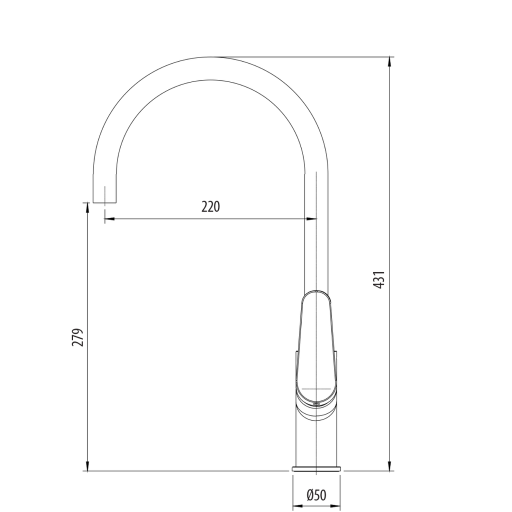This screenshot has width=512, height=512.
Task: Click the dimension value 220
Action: click(x=210, y=206)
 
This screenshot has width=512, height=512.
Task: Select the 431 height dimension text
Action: click(x=379, y=280)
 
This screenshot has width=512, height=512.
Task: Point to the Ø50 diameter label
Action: click(x=316, y=495)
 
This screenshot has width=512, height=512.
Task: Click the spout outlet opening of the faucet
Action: click(x=105, y=202)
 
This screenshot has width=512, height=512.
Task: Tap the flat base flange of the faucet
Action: click(x=316, y=469)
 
